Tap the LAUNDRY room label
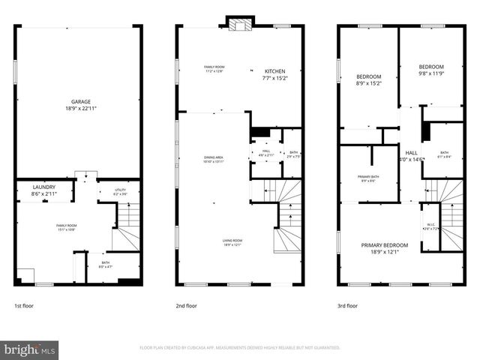pos(43,187)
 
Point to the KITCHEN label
pos(274,71)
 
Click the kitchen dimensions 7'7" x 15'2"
pos(274,78)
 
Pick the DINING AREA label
pos(213,157)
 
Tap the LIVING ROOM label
pos(232,240)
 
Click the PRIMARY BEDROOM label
pos(385,245)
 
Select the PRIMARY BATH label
pos(368,176)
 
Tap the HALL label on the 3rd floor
pos(411,152)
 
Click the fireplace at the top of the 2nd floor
pos(240,23)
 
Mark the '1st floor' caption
pos(23,306)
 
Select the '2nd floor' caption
pos(186,306)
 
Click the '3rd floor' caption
pos(347,306)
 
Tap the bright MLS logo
pos(30,349)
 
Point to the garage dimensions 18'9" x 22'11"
pos(81,109)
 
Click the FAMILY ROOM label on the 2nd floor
pos(214,67)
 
